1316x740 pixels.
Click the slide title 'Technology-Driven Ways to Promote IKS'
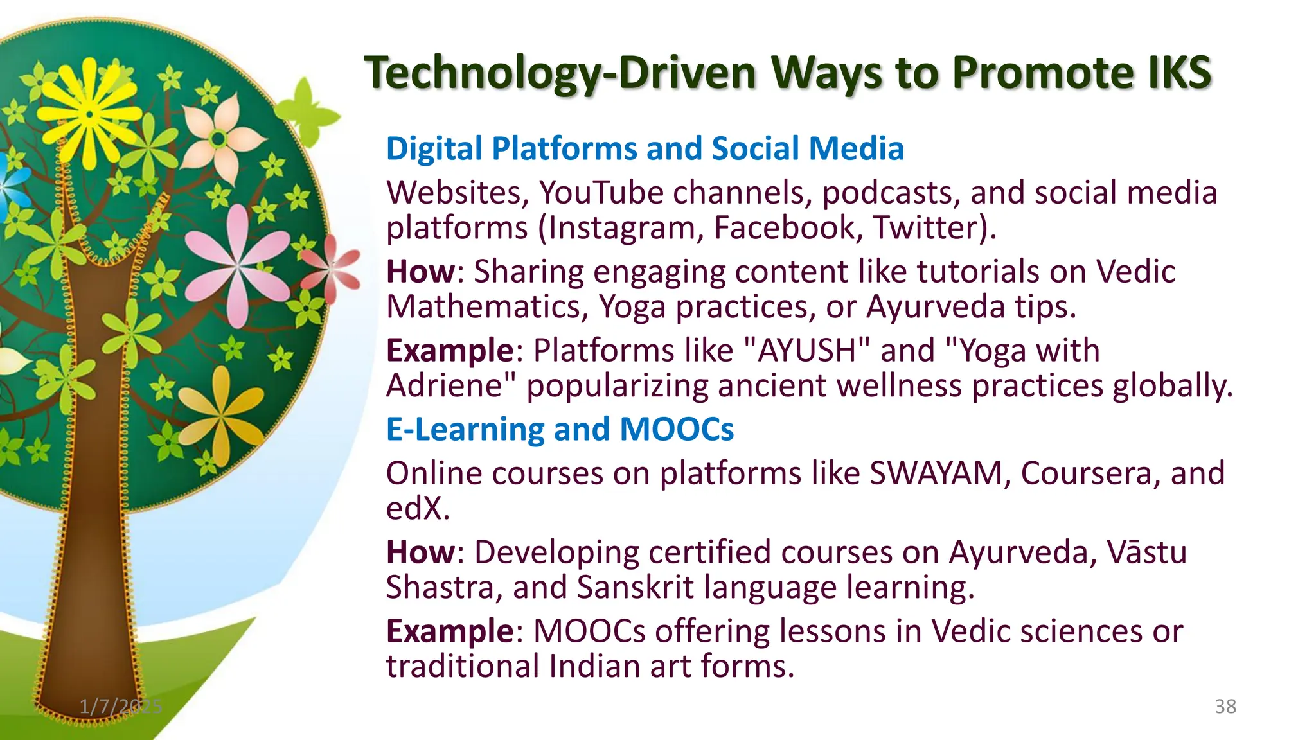click(x=787, y=73)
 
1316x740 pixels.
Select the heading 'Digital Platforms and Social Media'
click(x=645, y=148)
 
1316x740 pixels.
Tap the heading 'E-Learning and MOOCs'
click(x=559, y=429)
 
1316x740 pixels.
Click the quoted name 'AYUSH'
click(x=806, y=351)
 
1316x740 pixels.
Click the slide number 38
click(x=1225, y=707)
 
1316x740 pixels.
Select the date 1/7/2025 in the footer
click(x=121, y=707)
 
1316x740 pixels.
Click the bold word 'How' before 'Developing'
click(x=420, y=552)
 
